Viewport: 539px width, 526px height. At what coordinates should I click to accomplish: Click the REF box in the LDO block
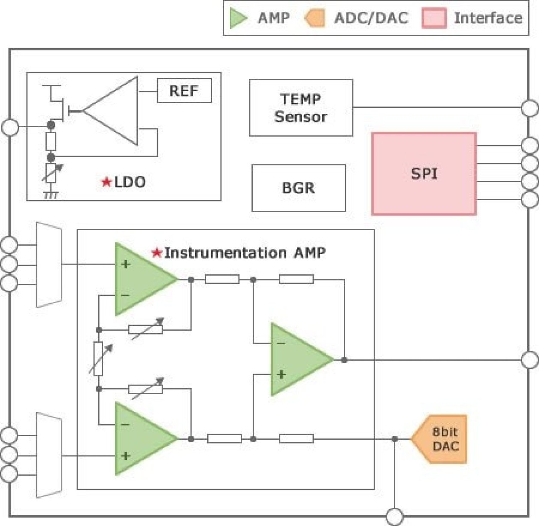point(184,91)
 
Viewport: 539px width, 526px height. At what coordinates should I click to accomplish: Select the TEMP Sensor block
point(301,108)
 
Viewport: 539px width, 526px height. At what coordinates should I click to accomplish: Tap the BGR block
point(299,188)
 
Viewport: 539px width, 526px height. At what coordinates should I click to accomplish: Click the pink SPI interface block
point(424,173)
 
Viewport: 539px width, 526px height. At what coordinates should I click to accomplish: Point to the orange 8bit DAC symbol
point(441,439)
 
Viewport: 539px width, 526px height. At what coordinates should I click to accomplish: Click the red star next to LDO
point(106,182)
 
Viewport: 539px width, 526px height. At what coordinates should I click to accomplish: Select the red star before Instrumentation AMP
point(157,252)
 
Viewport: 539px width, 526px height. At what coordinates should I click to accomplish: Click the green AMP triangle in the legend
point(238,18)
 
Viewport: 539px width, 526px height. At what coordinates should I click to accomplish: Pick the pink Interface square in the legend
point(433,18)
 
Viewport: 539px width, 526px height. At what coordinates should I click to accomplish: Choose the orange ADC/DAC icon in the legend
point(315,18)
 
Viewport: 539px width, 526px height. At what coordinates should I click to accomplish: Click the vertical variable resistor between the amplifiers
point(98,359)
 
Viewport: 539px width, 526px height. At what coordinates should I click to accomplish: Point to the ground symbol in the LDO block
point(51,195)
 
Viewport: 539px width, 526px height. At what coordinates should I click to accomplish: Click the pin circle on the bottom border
point(394,517)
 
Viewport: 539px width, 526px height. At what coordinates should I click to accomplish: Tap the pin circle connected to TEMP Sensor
point(530,108)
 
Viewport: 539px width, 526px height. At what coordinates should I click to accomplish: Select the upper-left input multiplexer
point(49,265)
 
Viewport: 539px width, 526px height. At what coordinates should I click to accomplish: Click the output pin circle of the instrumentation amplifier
point(530,360)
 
